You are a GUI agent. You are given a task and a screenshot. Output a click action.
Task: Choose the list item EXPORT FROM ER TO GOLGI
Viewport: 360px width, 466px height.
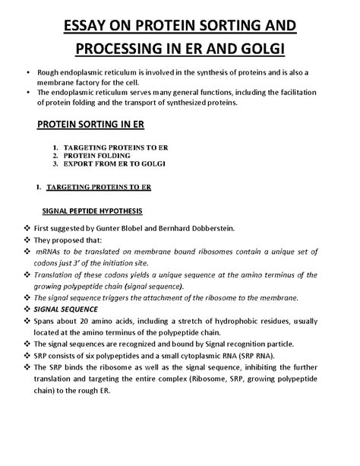point(118,163)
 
